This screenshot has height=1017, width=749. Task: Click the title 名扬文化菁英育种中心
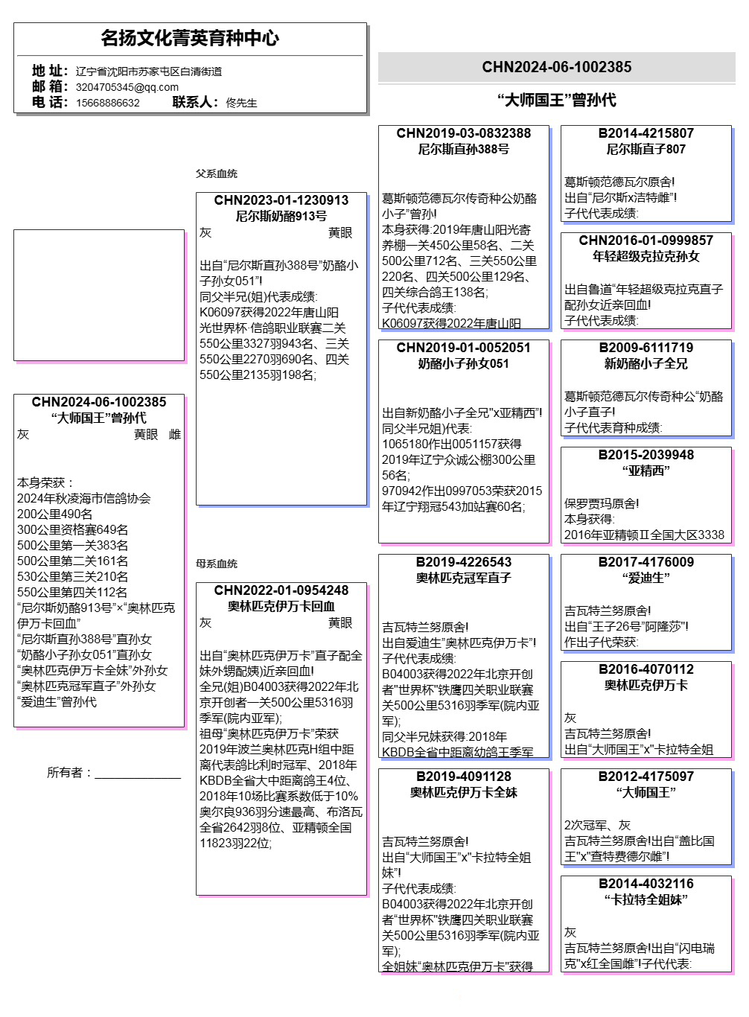(x=190, y=38)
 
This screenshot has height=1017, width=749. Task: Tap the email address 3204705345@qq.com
(x=127, y=87)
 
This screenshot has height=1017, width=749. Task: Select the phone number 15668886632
(x=108, y=103)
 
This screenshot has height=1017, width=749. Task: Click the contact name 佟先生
(x=241, y=103)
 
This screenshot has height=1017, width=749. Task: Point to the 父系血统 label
(x=217, y=173)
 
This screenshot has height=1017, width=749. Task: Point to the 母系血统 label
(x=217, y=564)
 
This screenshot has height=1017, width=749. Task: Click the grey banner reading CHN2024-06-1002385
(x=556, y=67)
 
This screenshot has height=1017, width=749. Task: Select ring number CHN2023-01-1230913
(x=281, y=200)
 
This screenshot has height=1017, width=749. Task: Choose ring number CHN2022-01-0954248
(x=281, y=590)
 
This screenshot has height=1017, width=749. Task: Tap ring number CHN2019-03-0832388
(x=463, y=133)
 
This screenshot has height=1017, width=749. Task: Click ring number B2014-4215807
(x=646, y=133)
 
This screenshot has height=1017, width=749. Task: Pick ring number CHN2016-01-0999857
(x=646, y=240)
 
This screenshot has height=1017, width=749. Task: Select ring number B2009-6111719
(x=646, y=348)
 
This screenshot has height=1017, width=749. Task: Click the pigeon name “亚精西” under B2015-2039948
(x=646, y=471)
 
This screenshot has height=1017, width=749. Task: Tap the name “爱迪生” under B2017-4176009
(x=646, y=578)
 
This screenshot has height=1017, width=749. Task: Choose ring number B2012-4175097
(x=646, y=777)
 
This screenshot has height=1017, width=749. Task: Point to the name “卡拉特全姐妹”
(x=646, y=899)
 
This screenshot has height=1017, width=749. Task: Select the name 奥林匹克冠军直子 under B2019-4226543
(x=463, y=578)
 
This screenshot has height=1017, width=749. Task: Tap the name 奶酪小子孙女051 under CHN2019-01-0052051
(x=463, y=363)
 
